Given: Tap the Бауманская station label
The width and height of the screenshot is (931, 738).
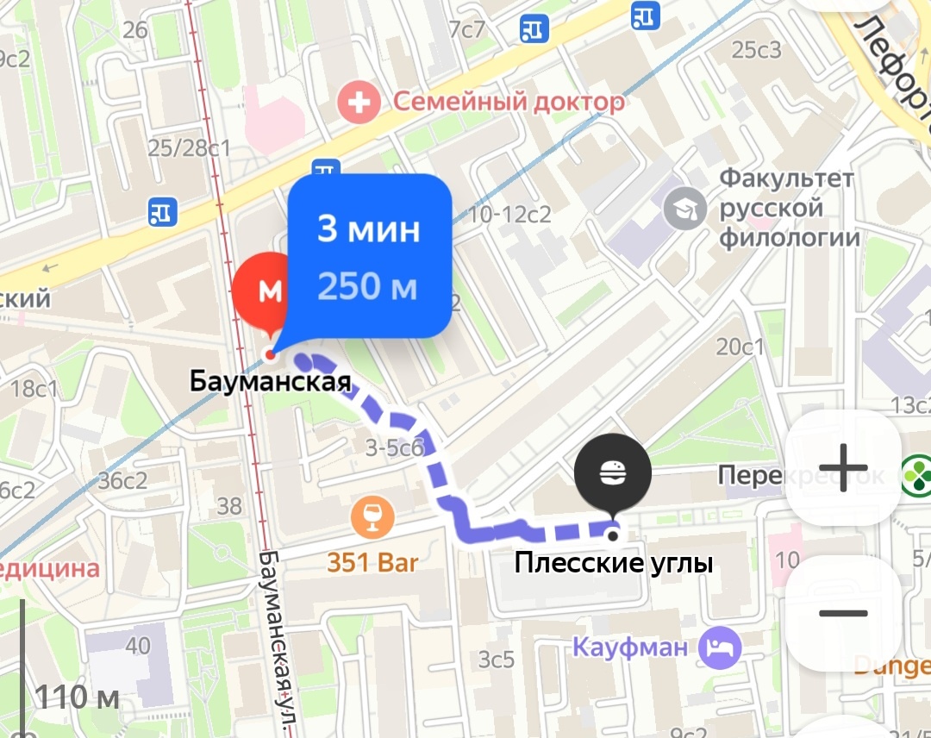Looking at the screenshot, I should point(270,381).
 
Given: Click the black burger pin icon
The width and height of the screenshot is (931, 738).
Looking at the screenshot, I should point(612,472).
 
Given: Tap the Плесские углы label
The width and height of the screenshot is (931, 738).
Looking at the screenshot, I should point(613,564).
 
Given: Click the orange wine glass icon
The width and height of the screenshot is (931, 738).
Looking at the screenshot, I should point(372,519).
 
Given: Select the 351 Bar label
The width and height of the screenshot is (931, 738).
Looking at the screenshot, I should point(372,563).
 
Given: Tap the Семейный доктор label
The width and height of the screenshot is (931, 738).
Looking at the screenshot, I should point(509,103).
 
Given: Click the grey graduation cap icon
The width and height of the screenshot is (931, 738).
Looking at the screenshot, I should point(686,209).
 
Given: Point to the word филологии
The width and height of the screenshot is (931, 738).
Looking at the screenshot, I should point(790,237).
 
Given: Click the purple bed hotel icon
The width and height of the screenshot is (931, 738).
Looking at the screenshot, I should point(720,647).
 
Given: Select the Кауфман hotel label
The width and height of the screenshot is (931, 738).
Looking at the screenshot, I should point(630,647).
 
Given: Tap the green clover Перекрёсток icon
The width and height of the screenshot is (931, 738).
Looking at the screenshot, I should point(915,473).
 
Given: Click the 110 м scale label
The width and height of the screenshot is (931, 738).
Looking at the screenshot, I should point(78,697).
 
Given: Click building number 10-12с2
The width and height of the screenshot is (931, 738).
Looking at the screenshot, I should point(510,214).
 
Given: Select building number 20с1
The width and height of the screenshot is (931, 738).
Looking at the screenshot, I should point(740,347).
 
